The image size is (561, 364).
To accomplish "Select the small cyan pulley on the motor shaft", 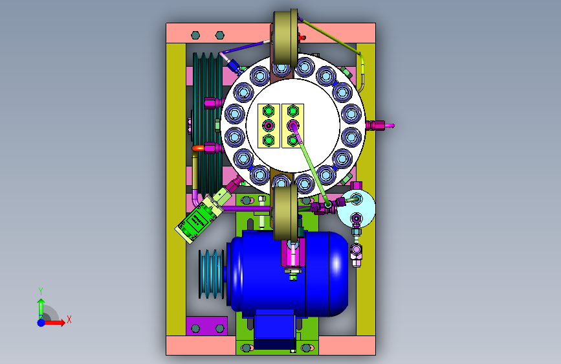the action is tap(212, 274).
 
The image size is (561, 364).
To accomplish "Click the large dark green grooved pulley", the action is tap(208, 124).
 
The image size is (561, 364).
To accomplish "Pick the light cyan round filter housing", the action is tap(357, 209).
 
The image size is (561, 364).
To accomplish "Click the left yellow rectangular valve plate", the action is tap(269, 126).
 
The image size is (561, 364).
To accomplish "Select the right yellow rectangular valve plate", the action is tap(292, 126).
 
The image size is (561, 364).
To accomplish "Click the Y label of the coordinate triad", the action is tap(41, 291).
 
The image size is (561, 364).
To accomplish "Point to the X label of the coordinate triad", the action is tap(69, 319).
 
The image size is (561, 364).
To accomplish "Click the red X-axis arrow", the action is tap(54, 323).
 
